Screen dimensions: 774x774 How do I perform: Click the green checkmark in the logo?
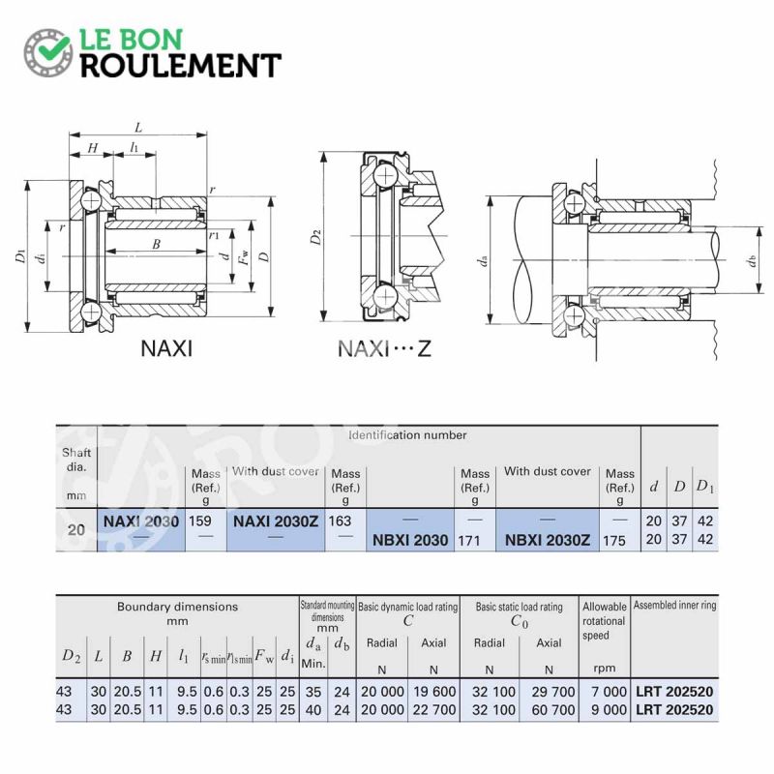(x=55, y=46)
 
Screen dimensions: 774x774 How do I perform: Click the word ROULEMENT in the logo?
(x=181, y=66)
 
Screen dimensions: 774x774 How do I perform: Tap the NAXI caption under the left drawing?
(x=166, y=348)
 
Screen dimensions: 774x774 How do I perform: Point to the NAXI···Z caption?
(x=384, y=348)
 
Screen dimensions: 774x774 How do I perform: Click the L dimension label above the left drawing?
(x=138, y=128)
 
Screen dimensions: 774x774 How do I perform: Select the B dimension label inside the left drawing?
(x=156, y=244)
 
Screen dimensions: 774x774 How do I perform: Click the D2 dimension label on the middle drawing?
(x=316, y=237)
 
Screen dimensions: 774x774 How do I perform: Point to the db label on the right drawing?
(x=752, y=259)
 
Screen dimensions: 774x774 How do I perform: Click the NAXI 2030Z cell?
(x=276, y=521)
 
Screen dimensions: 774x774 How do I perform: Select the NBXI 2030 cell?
(x=410, y=540)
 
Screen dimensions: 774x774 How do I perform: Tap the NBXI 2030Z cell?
(x=548, y=540)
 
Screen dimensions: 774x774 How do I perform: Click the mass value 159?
(x=200, y=521)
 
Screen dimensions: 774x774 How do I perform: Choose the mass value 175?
(x=613, y=541)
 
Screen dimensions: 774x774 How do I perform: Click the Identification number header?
(x=407, y=434)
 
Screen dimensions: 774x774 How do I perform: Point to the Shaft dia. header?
(x=76, y=460)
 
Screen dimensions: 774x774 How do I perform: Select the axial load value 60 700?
(x=553, y=710)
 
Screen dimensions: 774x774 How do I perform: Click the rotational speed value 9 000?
(x=610, y=710)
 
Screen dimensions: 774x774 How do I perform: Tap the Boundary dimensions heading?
(x=177, y=607)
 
